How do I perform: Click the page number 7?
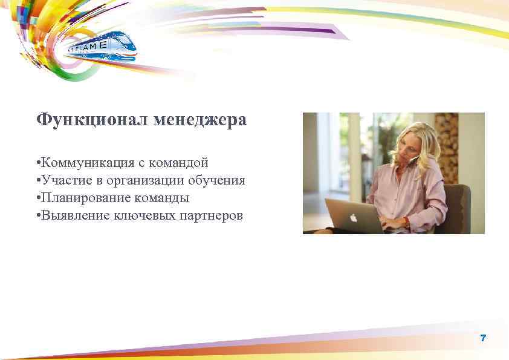(x=483, y=338)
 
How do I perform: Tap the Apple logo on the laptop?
(x=354, y=217)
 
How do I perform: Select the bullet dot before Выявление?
(x=38, y=216)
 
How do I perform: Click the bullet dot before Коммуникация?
(x=38, y=163)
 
